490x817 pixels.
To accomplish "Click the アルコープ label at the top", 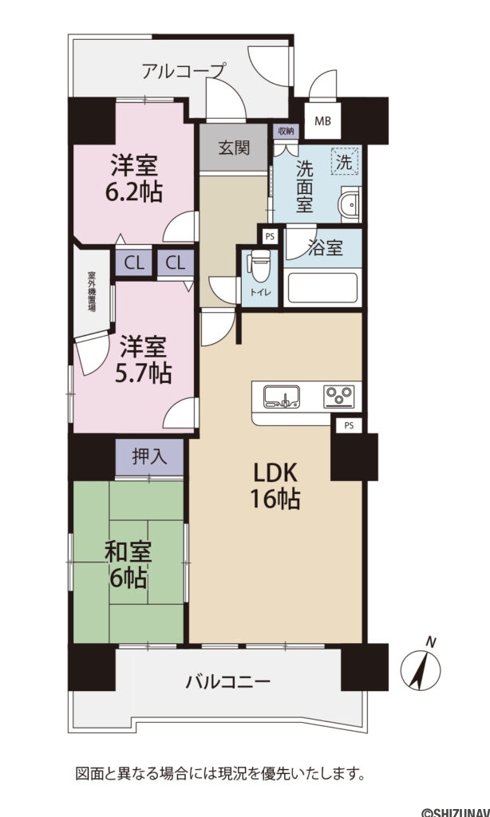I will pos(184,71).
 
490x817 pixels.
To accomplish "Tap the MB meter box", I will pos(322,121).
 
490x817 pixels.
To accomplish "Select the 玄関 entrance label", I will pos(235,148).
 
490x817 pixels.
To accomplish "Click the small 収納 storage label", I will pos(285,131).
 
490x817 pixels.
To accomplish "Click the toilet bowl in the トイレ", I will pos(258,264).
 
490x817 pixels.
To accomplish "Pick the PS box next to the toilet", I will pos(270,236).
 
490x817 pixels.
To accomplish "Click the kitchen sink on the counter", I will pos(281,396).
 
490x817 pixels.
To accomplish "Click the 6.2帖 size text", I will pos(133,192).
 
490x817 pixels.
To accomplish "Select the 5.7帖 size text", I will pos(144,372).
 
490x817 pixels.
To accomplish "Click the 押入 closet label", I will pos(149,457).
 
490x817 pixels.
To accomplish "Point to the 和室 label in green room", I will pos(128,551).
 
